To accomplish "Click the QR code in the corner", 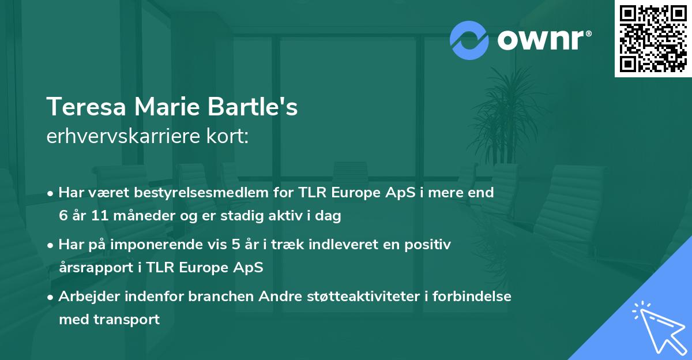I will coord(653,39).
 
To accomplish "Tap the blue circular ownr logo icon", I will coord(469,40).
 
